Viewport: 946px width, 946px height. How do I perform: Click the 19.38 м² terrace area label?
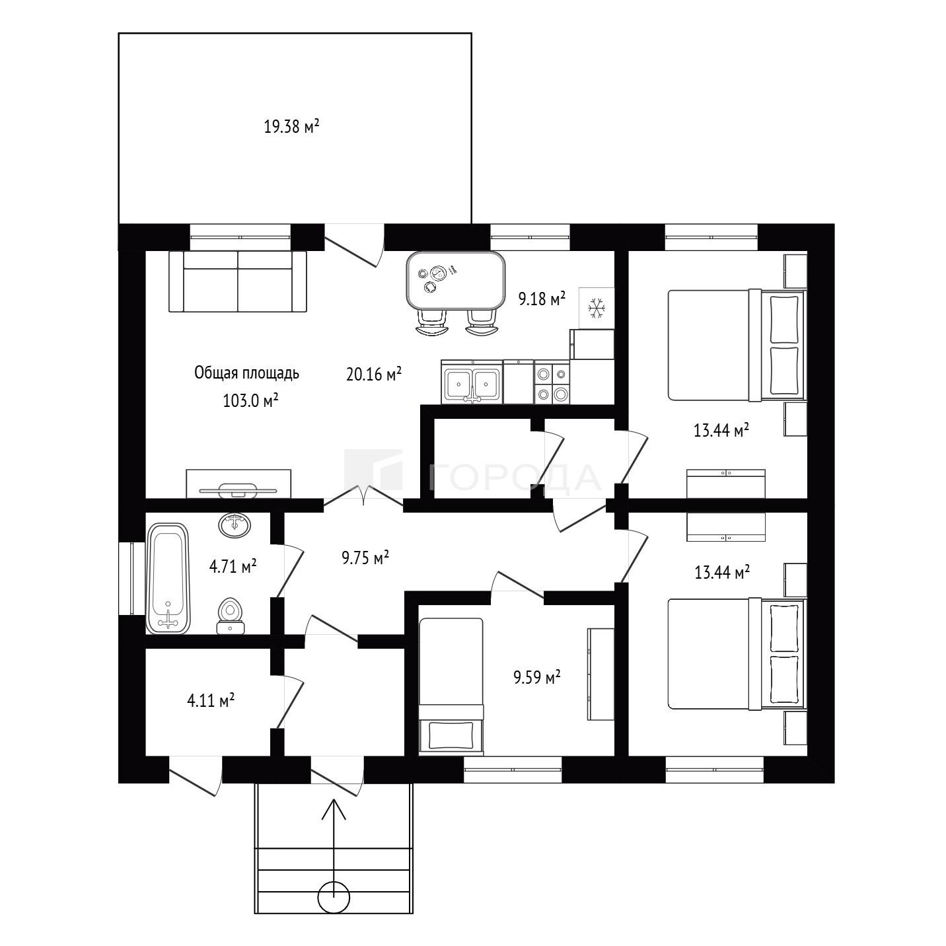(291, 127)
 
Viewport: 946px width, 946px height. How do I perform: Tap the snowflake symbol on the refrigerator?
(597, 308)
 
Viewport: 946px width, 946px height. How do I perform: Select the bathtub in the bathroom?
(167, 578)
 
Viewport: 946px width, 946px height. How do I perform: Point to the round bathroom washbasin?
(235, 525)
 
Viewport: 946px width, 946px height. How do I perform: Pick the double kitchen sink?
(472, 382)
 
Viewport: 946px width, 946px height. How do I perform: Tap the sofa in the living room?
(238, 281)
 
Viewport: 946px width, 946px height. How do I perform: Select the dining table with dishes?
(456, 281)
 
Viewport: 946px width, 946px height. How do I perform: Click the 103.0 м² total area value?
(251, 400)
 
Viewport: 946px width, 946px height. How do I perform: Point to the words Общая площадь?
(246, 373)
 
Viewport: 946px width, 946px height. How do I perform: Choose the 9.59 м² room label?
(537, 678)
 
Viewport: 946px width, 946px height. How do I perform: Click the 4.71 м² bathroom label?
(233, 567)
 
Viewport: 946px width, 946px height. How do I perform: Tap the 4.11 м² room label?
(211, 700)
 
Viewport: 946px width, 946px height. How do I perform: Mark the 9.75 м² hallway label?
(365, 558)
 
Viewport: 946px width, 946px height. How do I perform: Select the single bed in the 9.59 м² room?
(451, 685)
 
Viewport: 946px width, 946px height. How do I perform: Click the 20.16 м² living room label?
(374, 374)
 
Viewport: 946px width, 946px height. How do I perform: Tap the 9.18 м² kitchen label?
(542, 298)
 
